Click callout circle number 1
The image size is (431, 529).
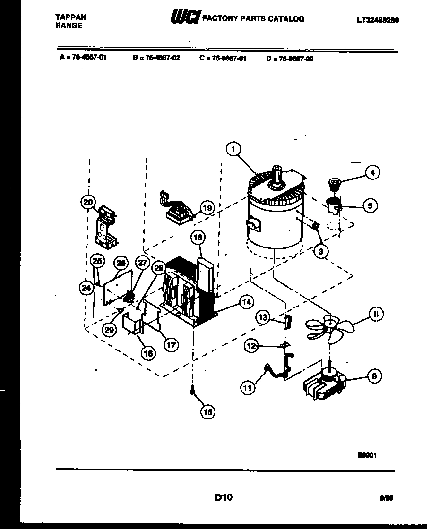[233, 150]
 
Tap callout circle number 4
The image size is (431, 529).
[372, 172]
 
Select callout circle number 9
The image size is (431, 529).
[374, 376]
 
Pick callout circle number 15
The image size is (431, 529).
[207, 412]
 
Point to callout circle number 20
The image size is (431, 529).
[88, 202]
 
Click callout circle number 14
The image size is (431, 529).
[246, 303]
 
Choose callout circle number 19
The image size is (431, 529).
[207, 207]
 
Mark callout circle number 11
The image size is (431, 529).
[248, 388]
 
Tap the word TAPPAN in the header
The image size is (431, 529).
[71, 17]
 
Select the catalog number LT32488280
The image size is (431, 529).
[377, 20]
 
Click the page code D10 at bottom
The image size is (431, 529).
[224, 497]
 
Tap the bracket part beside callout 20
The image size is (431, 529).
[106, 229]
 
